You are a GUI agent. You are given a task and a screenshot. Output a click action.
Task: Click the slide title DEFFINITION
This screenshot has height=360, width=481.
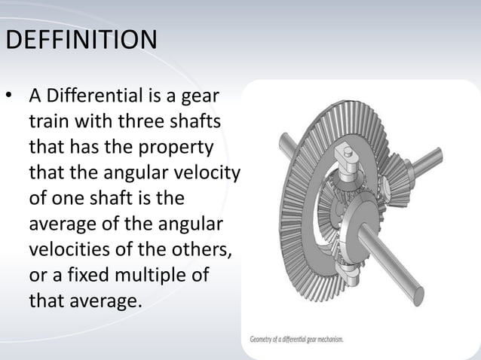coord(81,39)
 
